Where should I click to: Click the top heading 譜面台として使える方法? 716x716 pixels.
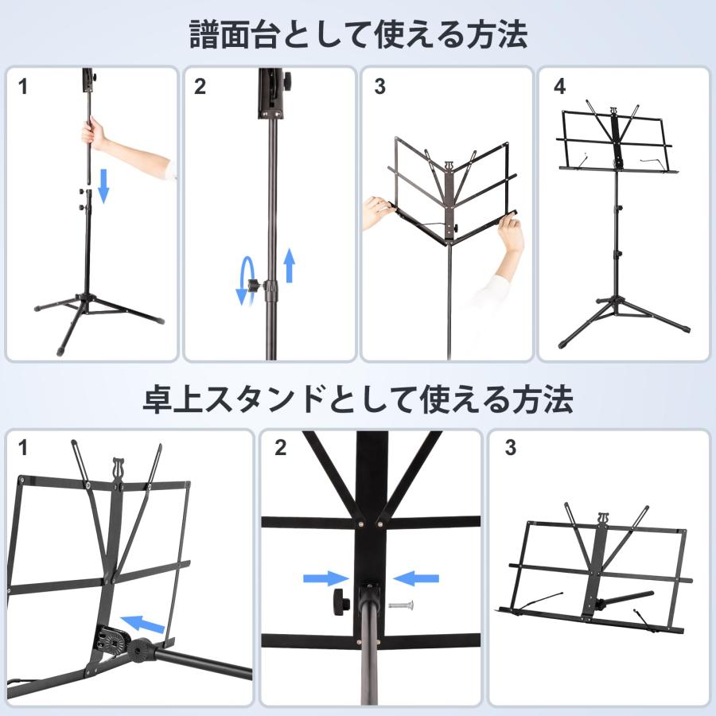coord(358,34)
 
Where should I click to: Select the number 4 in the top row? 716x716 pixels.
coord(560,88)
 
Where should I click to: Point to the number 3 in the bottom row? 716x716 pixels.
coord(510,448)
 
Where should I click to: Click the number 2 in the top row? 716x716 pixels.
coord(200,88)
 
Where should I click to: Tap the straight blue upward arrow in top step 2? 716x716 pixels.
coord(290,265)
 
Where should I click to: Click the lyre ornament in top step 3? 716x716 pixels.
coord(449,166)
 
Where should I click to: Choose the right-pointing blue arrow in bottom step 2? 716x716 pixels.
coord(326,578)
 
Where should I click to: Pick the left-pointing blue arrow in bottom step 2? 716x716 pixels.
coord(416,578)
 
